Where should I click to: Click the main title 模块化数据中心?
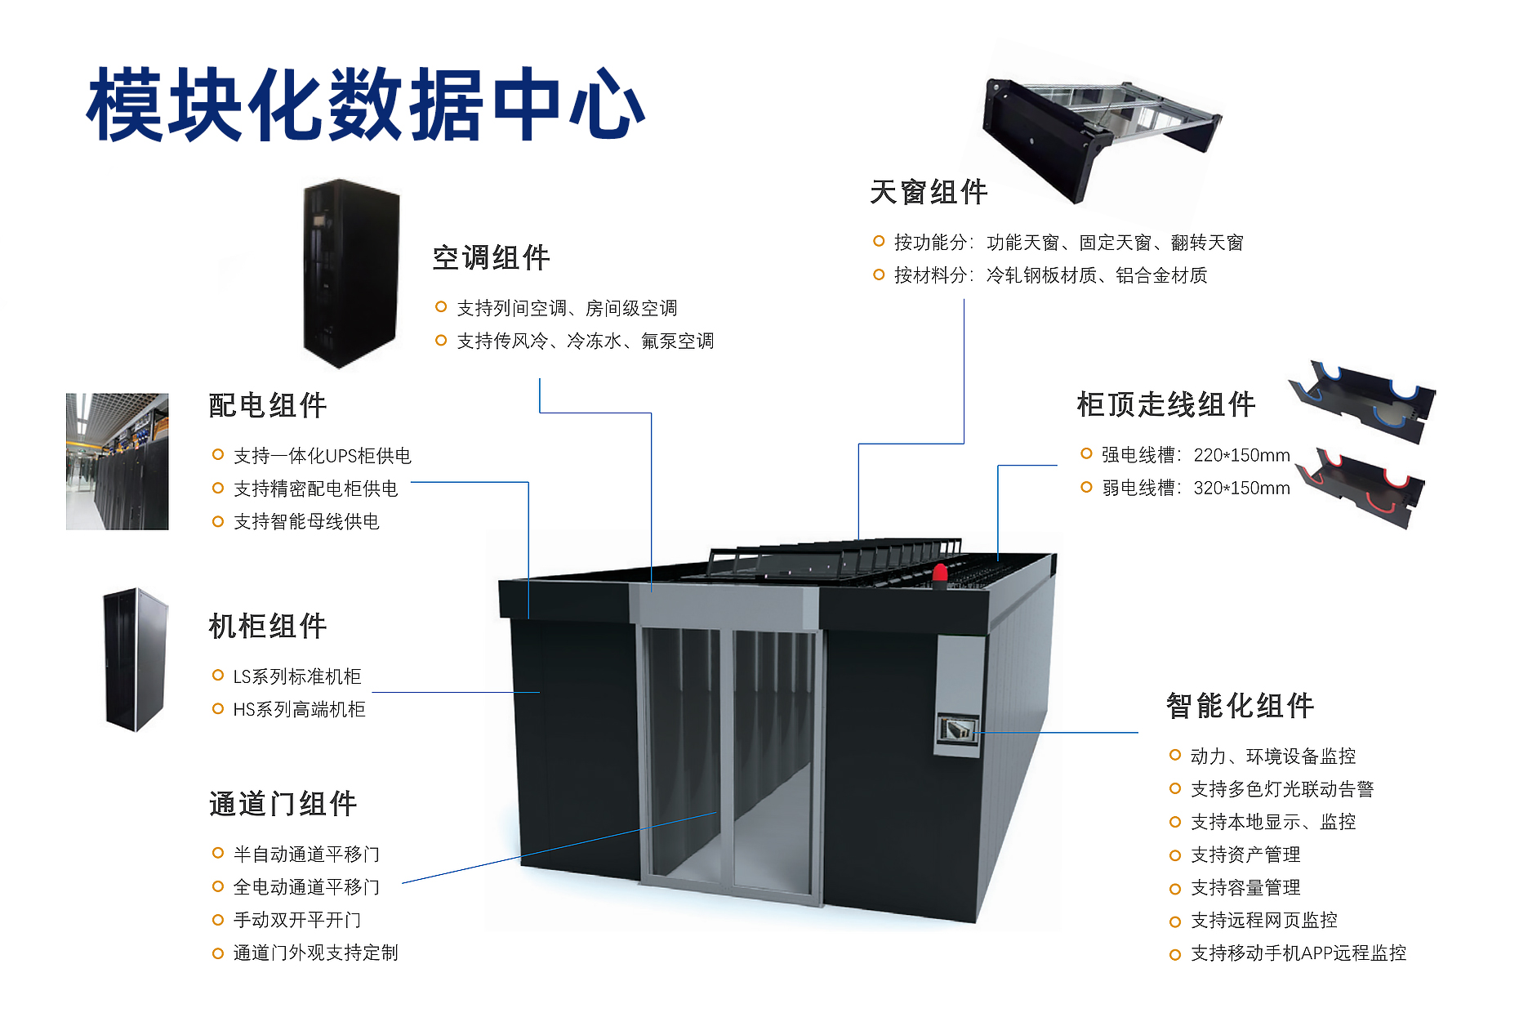click(366, 105)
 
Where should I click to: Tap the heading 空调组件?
click(491, 258)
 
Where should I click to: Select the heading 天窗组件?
click(929, 193)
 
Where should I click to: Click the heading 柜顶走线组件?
click(1165, 404)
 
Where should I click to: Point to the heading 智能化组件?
click(1240, 706)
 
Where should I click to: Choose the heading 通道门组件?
click(283, 804)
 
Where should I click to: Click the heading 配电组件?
click(268, 405)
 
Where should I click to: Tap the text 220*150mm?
click(1241, 455)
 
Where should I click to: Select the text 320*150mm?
click(1241, 489)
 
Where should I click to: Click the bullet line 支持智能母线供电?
click(306, 521)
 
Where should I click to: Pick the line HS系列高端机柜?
click(299, 709)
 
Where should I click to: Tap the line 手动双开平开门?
click(297, 920)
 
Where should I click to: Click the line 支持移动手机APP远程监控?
click(1298, 953)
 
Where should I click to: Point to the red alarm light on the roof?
click(940, 572)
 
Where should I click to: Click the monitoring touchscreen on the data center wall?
click(956, 729)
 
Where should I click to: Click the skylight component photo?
click(1098, 131)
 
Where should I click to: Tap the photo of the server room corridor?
click(117, 462)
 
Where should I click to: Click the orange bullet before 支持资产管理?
click(1175, 855)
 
